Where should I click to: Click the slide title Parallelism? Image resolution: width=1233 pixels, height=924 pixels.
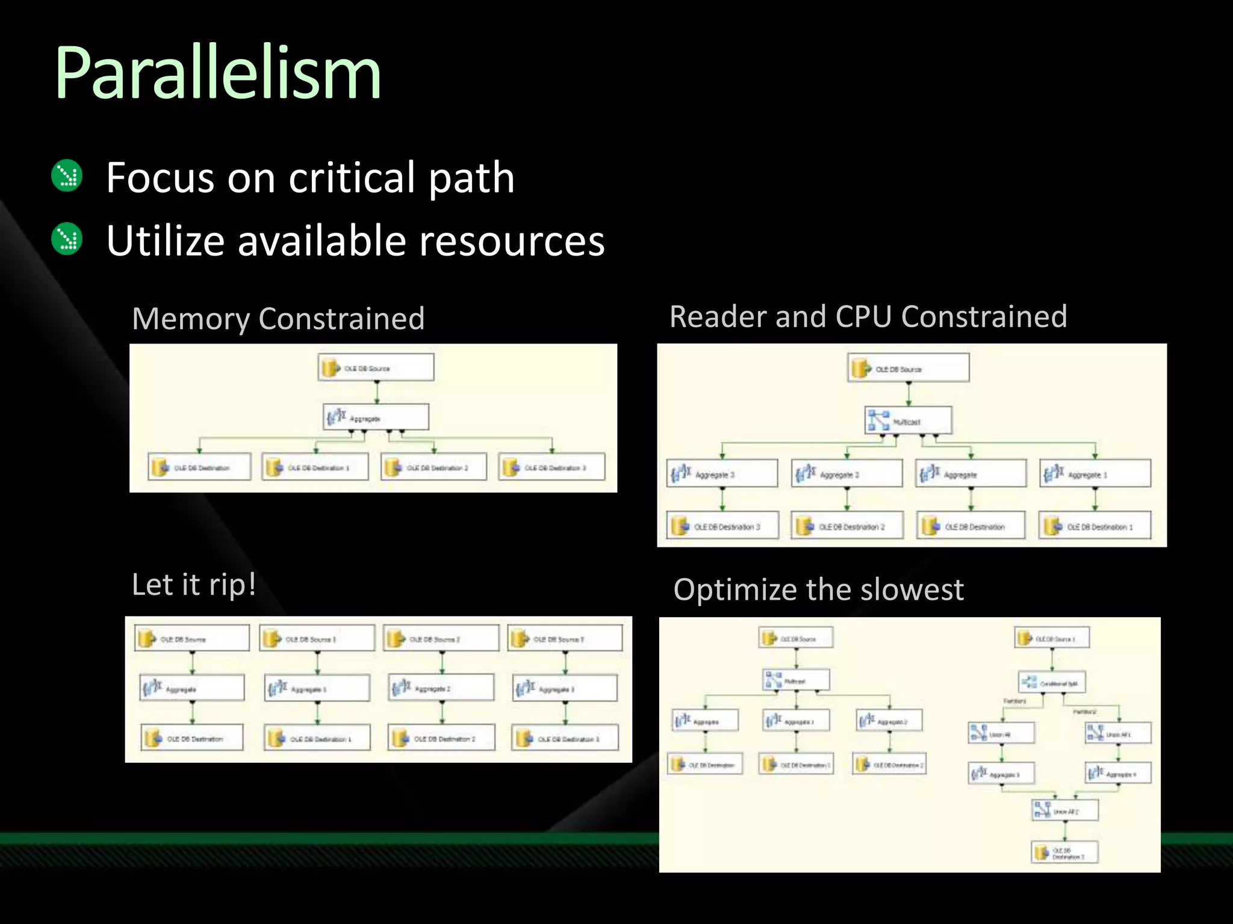[217, 73]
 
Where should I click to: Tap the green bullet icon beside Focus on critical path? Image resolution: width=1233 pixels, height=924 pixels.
[67, 176]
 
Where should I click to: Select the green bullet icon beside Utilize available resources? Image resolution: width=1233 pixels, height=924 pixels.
[67, 239]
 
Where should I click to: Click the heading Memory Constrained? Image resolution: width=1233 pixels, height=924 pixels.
[278, 318]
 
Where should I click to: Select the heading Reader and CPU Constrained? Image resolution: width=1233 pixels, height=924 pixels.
[868, 316]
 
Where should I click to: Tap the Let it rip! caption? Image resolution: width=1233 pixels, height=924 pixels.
[194, 585]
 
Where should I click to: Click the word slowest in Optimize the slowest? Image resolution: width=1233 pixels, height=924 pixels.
[912, 590]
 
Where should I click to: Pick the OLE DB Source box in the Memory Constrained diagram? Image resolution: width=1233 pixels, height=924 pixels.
[376, 368]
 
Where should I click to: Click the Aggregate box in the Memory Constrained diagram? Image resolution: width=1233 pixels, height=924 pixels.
[376, 417]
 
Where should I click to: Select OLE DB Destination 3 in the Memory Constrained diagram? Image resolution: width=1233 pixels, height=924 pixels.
[551, 467]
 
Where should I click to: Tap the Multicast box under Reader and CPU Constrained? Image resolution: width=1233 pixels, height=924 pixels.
[908, 420]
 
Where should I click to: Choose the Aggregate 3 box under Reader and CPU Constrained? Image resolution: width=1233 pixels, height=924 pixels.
[722, 473]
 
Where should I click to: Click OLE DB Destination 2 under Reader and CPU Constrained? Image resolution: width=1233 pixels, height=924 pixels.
[847, 526]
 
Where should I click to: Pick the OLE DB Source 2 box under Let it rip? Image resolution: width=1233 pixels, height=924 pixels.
[442, 638]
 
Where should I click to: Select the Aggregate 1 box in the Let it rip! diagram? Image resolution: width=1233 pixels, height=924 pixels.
[317, 688]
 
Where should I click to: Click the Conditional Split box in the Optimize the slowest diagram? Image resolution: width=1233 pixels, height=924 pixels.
[1052, 682]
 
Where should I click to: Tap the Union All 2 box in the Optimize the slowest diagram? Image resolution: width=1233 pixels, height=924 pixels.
[1065, 810]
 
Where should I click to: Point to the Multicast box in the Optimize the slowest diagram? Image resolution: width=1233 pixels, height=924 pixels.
[796, 680]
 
